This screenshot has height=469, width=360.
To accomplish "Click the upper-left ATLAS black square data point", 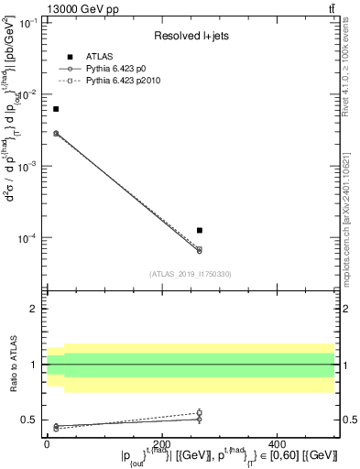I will click(56, 109).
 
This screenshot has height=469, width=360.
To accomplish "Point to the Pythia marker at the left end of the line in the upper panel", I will click(56, 133).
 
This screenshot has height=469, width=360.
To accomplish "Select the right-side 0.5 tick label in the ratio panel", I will click(350, 420).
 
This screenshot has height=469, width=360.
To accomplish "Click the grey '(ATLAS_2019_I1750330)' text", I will click(191, 273).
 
